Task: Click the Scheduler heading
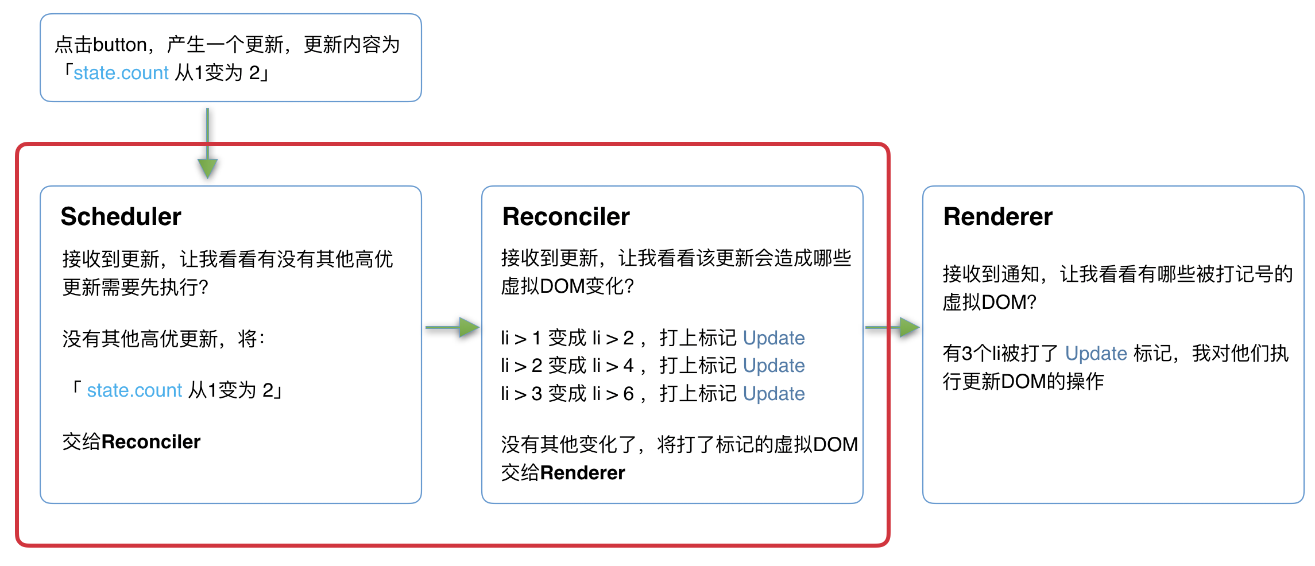coord(121,216)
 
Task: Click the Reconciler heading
coord(566,216)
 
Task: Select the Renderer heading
coord(997,216)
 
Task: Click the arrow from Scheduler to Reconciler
coord(452,327)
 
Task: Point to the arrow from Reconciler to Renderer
coord(892,327)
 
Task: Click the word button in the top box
coord(120,45)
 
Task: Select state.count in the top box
coord(121,73)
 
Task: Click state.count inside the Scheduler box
coord(134,390)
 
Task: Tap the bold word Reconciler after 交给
coord(151,441)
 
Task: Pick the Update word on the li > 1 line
coord(773,338)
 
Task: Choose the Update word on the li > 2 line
coord(773,366)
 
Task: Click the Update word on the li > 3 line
coord(773,394)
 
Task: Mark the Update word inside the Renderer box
coord(1096,354)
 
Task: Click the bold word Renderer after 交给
coord(582,472)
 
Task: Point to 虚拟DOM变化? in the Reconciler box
coord(567,286)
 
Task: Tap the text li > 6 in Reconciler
coord(613,394)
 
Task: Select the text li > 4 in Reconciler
coord(613,366)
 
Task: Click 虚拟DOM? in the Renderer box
coord(989,302)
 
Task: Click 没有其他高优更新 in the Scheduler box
coord(140,339)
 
